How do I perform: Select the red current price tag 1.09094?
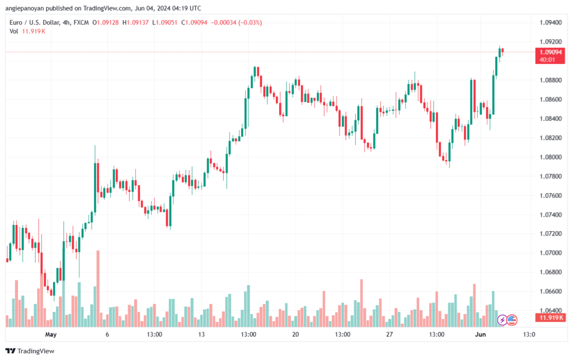[549, 52]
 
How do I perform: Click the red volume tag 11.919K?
[551, 318]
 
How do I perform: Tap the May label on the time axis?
[51, 335]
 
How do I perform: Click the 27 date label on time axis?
[389, 335]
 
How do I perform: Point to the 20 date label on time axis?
[295, 335]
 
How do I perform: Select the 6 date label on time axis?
[107, 335]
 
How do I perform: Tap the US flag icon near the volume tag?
[511, 320]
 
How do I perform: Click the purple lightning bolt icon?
[502, 320]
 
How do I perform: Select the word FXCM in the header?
[81, 22]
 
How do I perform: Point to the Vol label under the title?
[14, 31]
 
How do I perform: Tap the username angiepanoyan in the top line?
[25, 7]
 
